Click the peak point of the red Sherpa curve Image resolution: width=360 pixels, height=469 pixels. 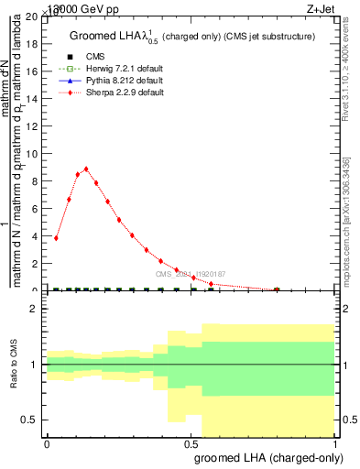click(86, 169)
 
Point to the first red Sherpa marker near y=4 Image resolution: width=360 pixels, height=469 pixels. click(57, 238)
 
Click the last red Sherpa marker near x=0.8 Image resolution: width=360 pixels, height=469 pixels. click(277, 289)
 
